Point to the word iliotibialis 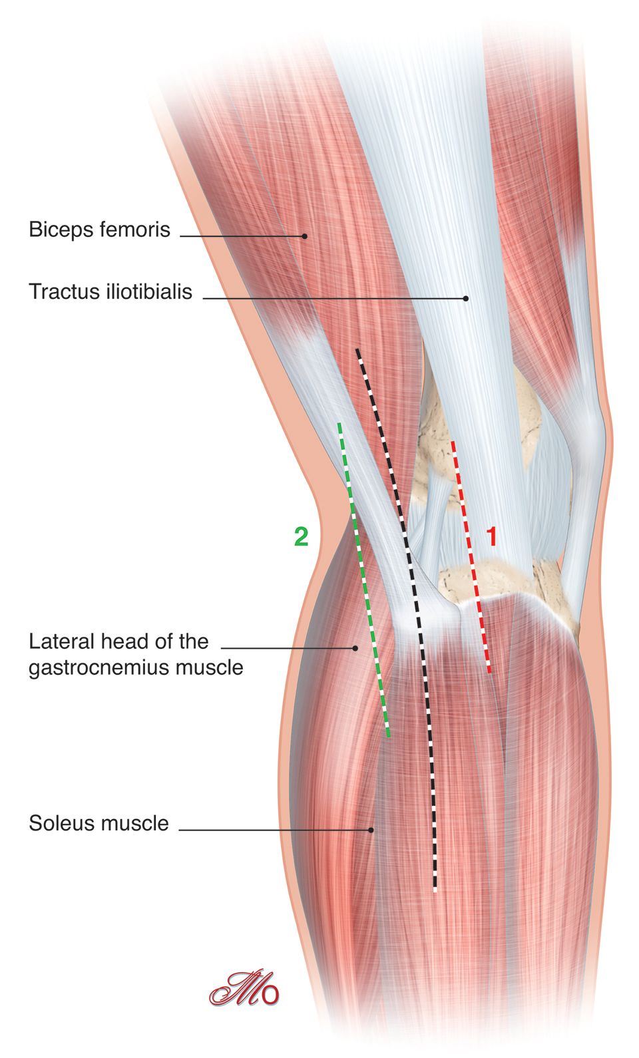click(149, 291)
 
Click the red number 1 click(492, 536)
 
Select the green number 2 click(302, 536)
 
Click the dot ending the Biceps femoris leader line click(304, 236)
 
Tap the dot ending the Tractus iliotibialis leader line click(466, 299)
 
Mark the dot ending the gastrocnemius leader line click(355, 647)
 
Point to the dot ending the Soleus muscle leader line click(371, 830)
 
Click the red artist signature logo click(244, 989)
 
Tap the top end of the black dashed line click(357, 349)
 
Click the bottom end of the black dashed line click(435, 890)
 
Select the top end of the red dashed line click(453, 441)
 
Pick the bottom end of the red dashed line click(489, 672)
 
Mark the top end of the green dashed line click(339, 423)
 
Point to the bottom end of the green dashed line click(388, 736)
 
